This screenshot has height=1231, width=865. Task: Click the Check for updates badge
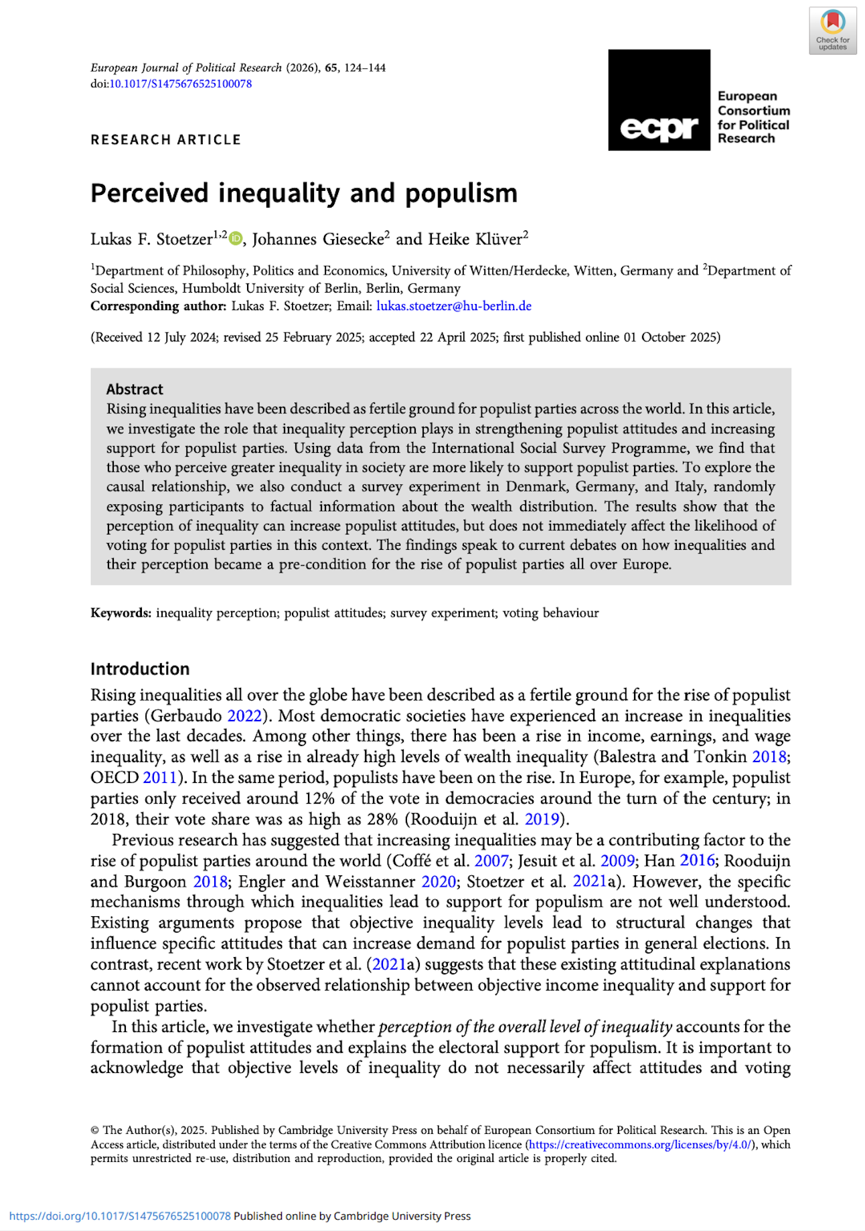832,30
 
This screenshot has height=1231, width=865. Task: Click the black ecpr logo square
659,100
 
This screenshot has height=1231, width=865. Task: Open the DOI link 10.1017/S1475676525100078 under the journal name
181,84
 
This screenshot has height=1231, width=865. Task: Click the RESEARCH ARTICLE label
165,139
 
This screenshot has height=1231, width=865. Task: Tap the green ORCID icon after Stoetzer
236,238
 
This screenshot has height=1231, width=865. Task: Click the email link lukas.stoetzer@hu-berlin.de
454,306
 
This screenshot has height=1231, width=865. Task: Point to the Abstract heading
135,389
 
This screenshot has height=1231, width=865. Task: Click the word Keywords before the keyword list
121,613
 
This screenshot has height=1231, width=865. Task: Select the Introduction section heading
140,668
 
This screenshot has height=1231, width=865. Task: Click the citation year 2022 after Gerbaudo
244,715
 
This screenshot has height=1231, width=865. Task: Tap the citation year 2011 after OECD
159,778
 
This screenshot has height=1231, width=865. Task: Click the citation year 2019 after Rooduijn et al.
542,819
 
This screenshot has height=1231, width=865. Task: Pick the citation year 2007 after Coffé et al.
491,861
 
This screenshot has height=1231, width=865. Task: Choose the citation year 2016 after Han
697,861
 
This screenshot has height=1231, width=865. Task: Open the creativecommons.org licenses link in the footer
639,1145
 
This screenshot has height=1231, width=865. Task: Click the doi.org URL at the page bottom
120,1216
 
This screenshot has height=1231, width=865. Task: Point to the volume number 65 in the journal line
331,68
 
